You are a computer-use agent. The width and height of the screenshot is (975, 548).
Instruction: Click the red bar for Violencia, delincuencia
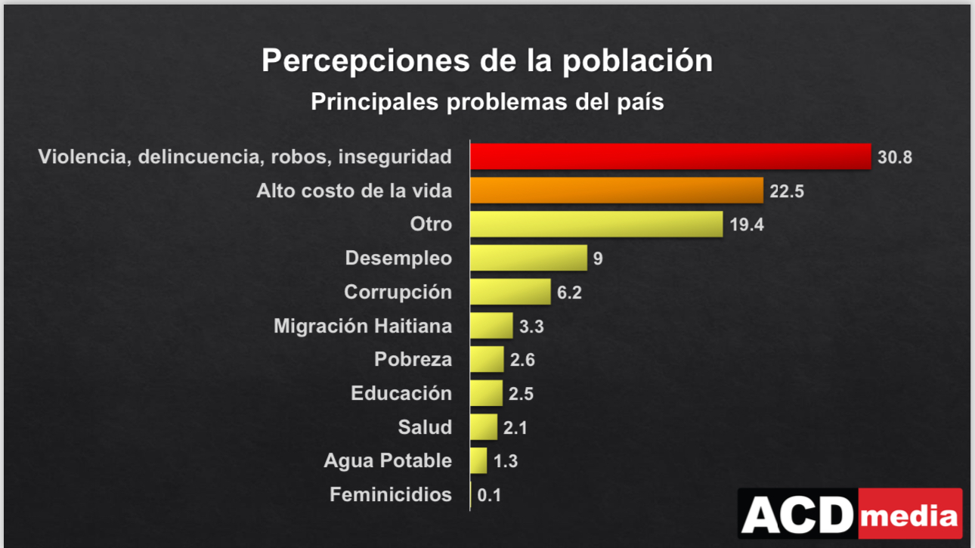(670, 156)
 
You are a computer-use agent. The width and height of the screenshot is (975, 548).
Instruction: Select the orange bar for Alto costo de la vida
(616, 190)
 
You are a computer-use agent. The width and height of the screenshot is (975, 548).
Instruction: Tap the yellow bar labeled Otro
(596, 224)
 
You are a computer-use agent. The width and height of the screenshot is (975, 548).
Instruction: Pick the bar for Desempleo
(528, 258)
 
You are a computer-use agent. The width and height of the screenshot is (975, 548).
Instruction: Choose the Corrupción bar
(510, 292)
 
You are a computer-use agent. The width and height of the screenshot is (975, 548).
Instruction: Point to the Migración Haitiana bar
(491, 326)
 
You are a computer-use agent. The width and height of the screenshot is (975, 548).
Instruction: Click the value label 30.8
(896, 157)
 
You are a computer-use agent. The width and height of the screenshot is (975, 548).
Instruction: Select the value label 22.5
(787, 191)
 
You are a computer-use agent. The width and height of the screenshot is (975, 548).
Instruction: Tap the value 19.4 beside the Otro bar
(747, 224)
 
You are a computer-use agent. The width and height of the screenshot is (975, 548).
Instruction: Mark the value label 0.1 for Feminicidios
(490, 496)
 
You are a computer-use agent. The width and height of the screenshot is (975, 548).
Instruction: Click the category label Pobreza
(413, 360)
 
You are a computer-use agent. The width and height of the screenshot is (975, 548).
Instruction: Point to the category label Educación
(401, 393)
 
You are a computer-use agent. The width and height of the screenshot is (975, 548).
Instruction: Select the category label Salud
(425, 427)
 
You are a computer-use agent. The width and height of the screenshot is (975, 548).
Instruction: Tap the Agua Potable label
(388, 460)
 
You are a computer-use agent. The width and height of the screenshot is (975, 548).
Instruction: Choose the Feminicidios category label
(391, 495)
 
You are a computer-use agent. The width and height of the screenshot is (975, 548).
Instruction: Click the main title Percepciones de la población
(487, 60)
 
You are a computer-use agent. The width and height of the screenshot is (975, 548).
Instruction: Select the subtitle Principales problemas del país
(487, 101)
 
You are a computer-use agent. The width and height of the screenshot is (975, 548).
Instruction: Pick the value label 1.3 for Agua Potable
(506, 461)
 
